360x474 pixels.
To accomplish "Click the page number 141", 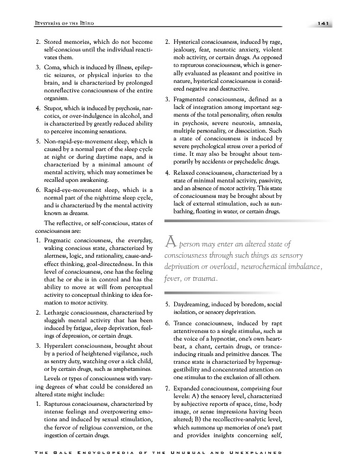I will [324, 23].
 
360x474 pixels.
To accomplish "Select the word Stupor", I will [55, 108].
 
